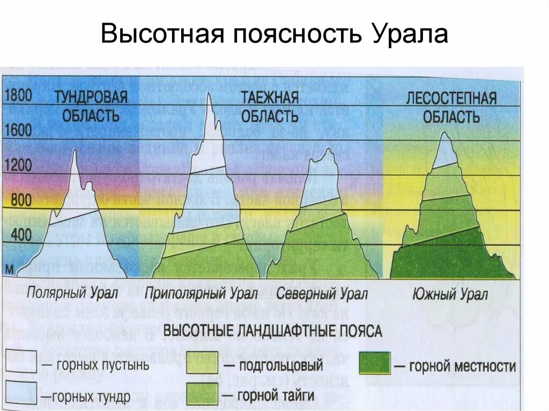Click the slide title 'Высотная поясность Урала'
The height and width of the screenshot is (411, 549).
tap(274, 35)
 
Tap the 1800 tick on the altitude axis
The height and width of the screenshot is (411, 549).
tap(19, 96)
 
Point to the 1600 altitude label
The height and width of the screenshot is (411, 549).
tap(19, 131)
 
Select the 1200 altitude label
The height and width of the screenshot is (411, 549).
tap(19, 165)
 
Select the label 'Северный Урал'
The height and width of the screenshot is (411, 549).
tap(322, 294)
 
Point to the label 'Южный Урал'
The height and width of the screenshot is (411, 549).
tap(450, 294)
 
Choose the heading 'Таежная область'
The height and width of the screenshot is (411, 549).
tap(269, 106)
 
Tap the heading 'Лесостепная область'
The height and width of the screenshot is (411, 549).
tap(451, 107)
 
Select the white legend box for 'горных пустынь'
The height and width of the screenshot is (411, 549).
tap(21, 362)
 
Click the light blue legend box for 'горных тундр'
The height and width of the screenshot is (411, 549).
tap(21, 393)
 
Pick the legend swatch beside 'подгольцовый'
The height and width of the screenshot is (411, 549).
tap(202, 365)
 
